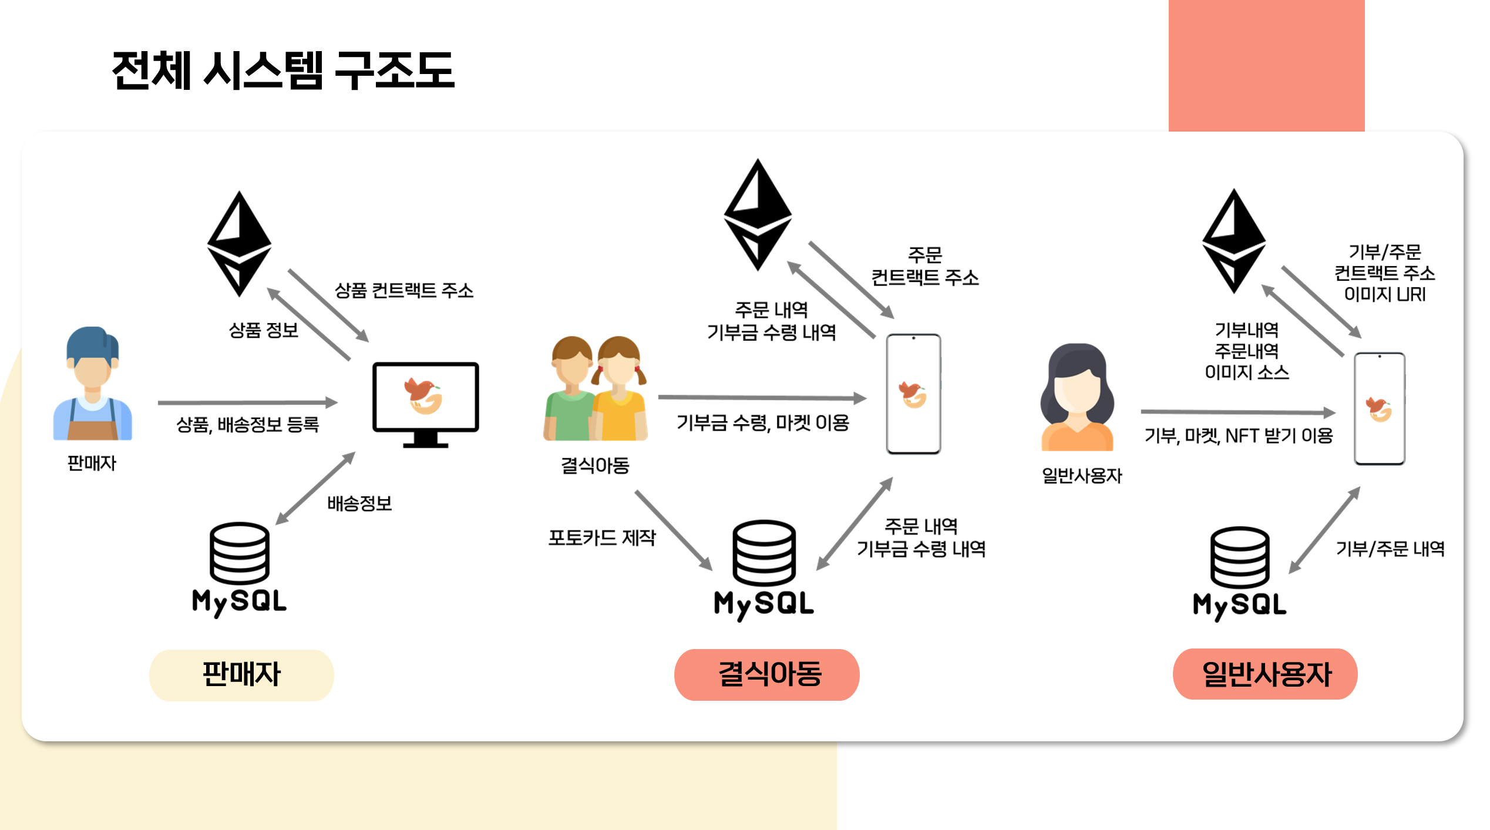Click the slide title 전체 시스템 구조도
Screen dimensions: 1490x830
282,71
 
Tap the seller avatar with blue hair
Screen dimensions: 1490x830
93,384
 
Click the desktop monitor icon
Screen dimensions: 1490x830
425,405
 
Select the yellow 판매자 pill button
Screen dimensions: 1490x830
241,674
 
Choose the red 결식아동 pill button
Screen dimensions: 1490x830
766,674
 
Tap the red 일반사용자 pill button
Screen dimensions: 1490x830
1265,674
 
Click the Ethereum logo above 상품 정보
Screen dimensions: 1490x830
239,243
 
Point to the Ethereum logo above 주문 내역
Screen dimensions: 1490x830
758,214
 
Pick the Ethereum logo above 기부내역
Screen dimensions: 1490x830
1233,241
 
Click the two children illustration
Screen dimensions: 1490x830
595,389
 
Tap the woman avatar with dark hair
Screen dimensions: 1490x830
1077,398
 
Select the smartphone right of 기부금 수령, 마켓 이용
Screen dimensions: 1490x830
913,394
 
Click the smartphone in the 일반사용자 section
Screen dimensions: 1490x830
1379,409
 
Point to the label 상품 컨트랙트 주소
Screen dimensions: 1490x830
403,291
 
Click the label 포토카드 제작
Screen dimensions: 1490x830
601,537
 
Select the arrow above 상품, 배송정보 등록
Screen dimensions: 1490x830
247,402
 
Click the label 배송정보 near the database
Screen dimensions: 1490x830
359,503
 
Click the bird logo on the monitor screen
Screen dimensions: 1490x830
423,395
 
